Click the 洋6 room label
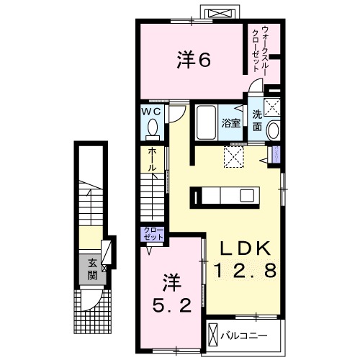(x=193, y=60)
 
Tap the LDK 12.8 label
(x=246, y=260)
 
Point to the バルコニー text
(x=243, y=336)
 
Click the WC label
(x=152, y=112)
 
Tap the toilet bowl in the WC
(x=152, y=128)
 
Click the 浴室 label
(x=230, y=123)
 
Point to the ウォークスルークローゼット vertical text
(x=266, y=48)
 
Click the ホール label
(x=152, y=159)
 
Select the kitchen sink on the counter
(x=247, y=195)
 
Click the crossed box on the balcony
(x=214, y=335)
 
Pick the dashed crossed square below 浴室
(x=235, y=156)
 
